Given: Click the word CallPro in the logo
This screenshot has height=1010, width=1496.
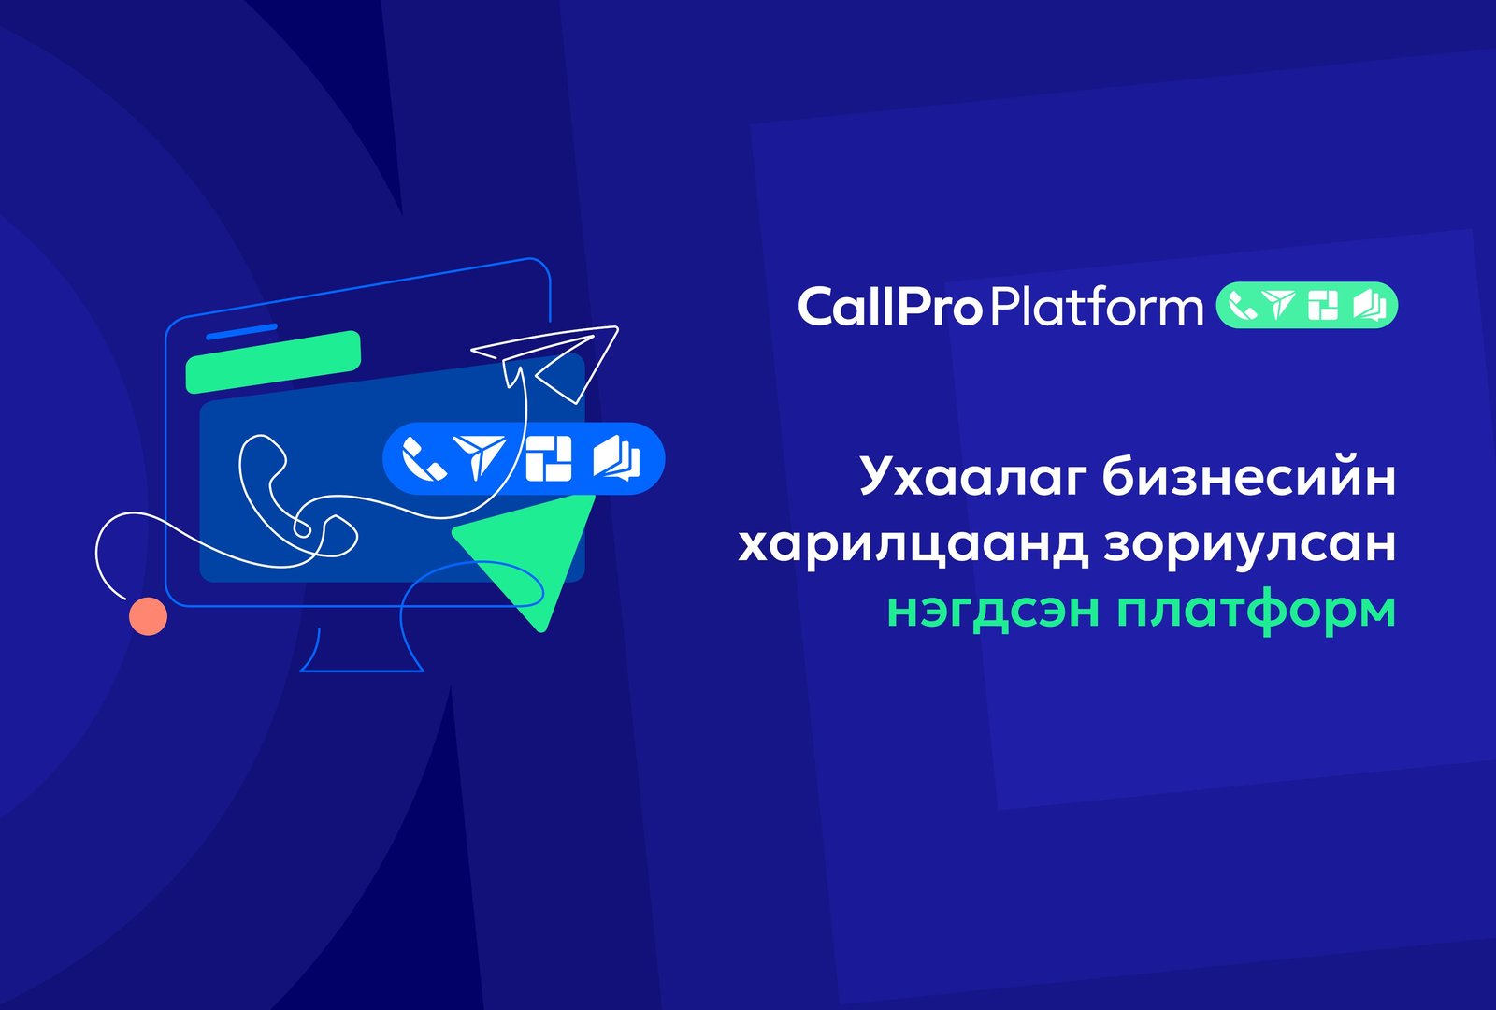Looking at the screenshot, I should click(888, 307).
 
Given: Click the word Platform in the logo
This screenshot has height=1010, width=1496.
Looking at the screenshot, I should click(1096, 307).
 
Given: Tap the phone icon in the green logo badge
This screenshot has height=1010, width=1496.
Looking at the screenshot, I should click(1242, 306).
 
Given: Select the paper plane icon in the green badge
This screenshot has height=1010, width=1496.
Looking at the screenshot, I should click(1279, 305).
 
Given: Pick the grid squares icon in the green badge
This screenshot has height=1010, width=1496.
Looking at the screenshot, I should click(1323, 306).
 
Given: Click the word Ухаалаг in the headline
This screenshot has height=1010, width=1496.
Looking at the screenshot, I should click(971, 476).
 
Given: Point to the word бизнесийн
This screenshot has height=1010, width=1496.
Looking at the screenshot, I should click(1248, 476).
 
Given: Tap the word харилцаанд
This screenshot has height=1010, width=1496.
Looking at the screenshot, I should click(913, 544).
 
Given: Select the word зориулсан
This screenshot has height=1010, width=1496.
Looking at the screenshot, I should click(1249, 544).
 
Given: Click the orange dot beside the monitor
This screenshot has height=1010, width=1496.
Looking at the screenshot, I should click(148, 616).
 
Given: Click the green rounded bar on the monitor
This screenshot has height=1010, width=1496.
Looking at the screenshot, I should click(273, 361).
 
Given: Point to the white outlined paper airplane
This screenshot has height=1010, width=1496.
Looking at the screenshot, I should click(552, 360).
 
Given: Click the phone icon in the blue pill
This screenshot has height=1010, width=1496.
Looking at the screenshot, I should click(424, 459).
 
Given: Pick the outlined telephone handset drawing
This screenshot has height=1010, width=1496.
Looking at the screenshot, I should click(271, 486).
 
